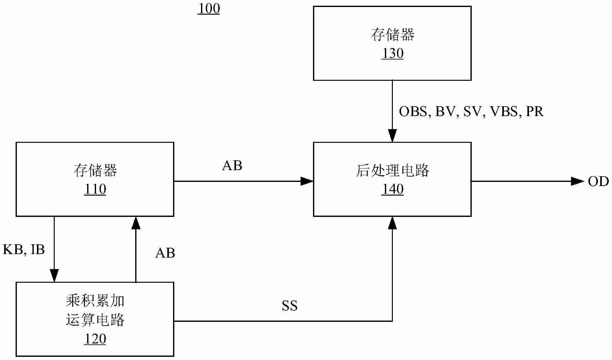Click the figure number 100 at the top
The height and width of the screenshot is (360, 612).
click(x=209, y=9)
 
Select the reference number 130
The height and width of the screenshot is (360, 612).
click(x=393, y=53)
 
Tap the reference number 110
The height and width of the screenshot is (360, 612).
click(x=95, y=190)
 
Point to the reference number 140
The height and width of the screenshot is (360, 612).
click(x=393, y=190)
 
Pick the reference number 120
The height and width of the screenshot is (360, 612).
click(x=95, y=339)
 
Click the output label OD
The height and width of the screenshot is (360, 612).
click(x=598, y=182)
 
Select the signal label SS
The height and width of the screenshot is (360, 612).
click(x=289, y=306)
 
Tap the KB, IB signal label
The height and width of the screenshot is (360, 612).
click(x=24, y=250)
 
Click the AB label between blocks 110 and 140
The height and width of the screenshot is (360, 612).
click(x=232, y=166)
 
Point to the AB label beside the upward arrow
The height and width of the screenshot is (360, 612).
click(x=165, y=253)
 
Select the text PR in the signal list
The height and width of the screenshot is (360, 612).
click(x=535, y=112)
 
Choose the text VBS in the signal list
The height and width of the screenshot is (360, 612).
click(x=504, y=112)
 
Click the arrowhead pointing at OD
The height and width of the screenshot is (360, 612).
click(x=578, y=181)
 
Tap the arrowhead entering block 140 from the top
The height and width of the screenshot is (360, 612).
click(x=392, y=136)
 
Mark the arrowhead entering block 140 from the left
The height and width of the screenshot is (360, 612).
click(x=307, y=181)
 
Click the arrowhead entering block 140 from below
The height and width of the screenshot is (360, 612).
click(x=392, y=223)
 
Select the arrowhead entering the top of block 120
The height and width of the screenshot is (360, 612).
click(x=54, y=275)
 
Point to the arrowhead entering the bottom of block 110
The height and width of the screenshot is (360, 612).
click(x=136, y=223)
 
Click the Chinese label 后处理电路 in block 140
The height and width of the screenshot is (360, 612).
click(x=393, y=171)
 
